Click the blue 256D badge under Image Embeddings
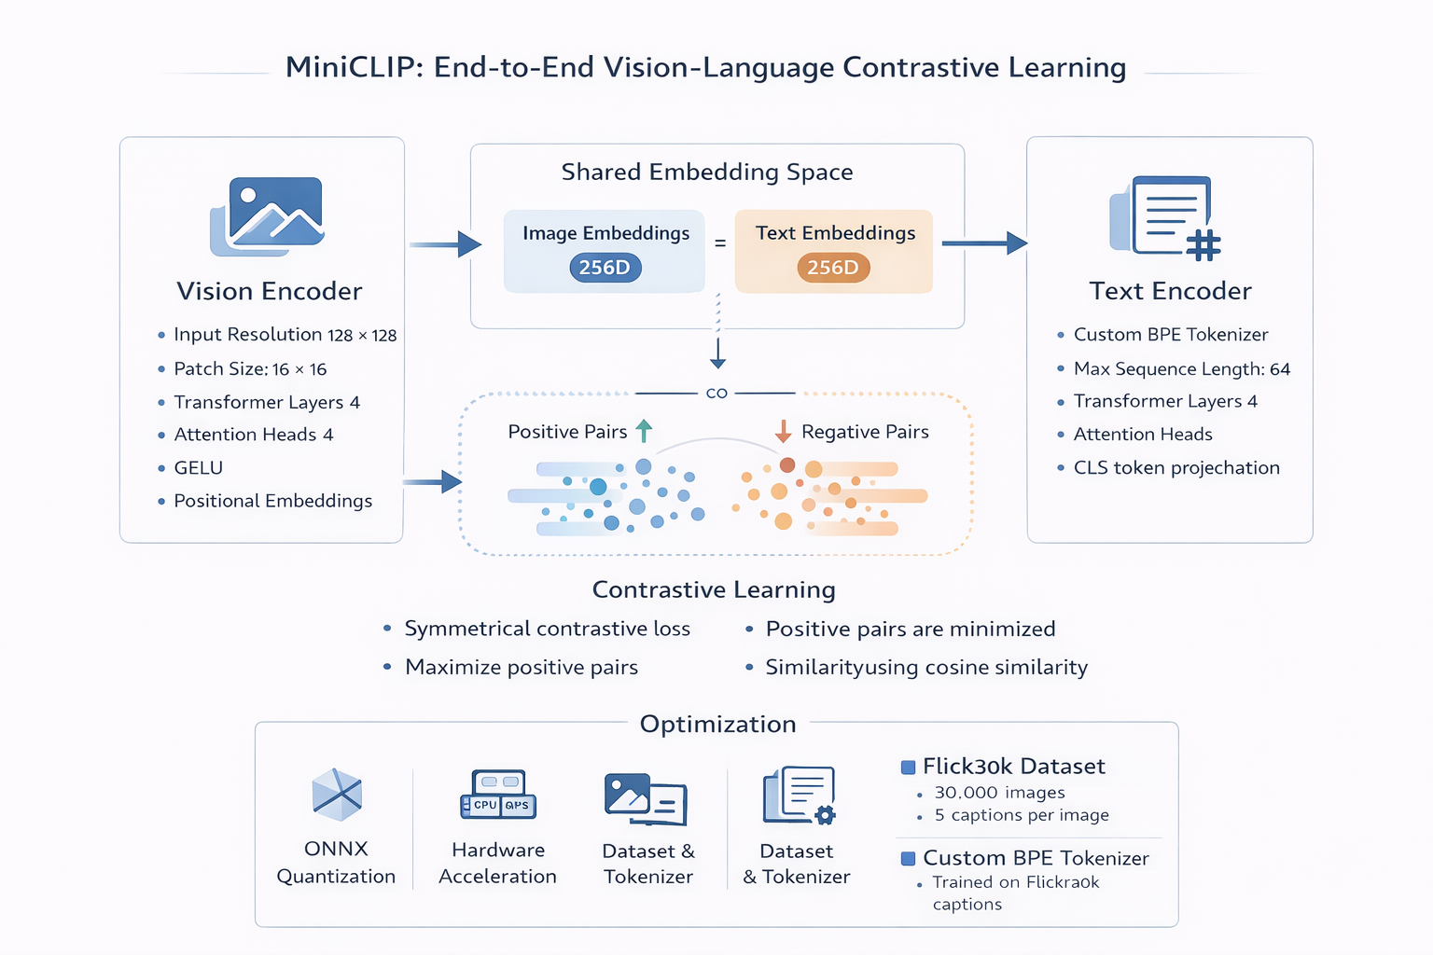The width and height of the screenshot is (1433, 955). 605,269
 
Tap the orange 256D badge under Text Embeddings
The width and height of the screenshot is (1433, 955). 833,269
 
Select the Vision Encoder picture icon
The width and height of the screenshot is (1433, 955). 268,216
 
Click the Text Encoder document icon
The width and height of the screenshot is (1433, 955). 1165,217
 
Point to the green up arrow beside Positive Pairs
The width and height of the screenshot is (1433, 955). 644,431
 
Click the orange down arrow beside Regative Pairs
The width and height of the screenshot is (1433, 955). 783,431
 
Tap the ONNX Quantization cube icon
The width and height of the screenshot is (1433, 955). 336,795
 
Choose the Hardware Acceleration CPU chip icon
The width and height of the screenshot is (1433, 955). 498,795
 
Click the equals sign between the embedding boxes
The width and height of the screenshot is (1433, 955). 720,243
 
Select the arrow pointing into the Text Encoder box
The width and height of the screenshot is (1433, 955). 984,243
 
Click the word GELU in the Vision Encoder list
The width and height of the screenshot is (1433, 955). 199,468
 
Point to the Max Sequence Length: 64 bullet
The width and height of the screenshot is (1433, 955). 1182,369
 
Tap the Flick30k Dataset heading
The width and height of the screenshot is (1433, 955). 1013,767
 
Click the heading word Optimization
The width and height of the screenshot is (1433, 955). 718,725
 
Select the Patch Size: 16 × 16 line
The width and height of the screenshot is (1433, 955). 250,369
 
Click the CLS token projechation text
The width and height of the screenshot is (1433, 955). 1176,468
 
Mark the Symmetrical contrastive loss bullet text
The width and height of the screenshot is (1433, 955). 548,630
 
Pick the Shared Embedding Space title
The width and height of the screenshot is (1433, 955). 707,173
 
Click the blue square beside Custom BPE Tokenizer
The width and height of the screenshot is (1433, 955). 908,859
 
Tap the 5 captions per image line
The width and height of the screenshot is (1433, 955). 1022,815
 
